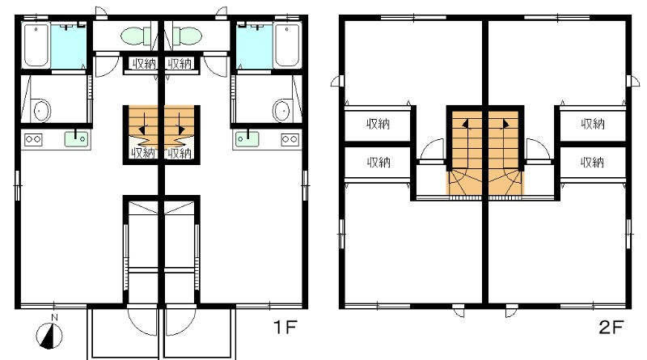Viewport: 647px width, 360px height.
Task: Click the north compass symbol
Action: coord(49,335)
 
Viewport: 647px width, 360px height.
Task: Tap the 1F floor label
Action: coord(285,328)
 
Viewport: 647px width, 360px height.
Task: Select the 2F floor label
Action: coord(611,328)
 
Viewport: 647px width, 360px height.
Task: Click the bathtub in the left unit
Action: coord(36,45)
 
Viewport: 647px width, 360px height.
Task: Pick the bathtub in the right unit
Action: coord(287,45)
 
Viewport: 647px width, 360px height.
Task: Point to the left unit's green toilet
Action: coord(137,36)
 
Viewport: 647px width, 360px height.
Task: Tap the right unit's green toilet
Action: coord(186,36)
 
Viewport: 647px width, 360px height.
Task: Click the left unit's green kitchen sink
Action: coord(76,138)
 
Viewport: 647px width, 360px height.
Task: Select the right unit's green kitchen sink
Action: coord(247,138)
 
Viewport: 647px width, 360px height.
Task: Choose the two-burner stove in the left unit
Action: coord(33,139)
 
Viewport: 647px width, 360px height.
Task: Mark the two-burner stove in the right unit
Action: coord(290,139)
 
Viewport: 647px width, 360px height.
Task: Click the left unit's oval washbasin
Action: coord(41,111)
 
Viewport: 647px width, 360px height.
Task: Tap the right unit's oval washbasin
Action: coord(281,111)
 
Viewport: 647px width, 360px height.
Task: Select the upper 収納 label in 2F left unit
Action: coord(378,124)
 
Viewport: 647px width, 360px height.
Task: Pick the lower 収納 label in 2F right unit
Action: coord(593,163)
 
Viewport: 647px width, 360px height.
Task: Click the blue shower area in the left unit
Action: coord(69,46)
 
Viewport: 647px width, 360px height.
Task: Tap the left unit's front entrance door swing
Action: coord(142,320)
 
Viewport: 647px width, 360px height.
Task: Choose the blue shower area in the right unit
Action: coord(255,46)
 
